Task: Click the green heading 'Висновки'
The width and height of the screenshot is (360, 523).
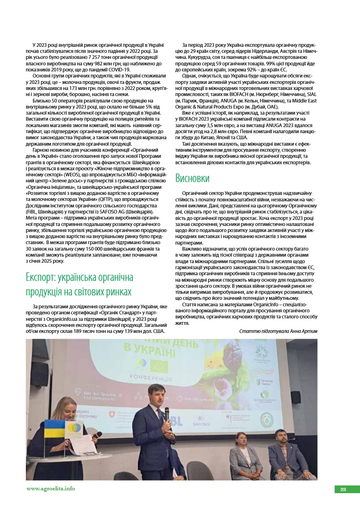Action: coord(193,178)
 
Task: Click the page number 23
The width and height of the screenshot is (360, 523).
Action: coord(343,490)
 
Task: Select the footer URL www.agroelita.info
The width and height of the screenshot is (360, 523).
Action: coord(50,488)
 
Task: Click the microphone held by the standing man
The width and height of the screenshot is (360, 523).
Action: coord(167,413)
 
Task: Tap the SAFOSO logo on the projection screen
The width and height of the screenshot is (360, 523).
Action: coord(201,424)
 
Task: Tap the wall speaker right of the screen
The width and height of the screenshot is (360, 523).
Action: coord(295,397)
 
